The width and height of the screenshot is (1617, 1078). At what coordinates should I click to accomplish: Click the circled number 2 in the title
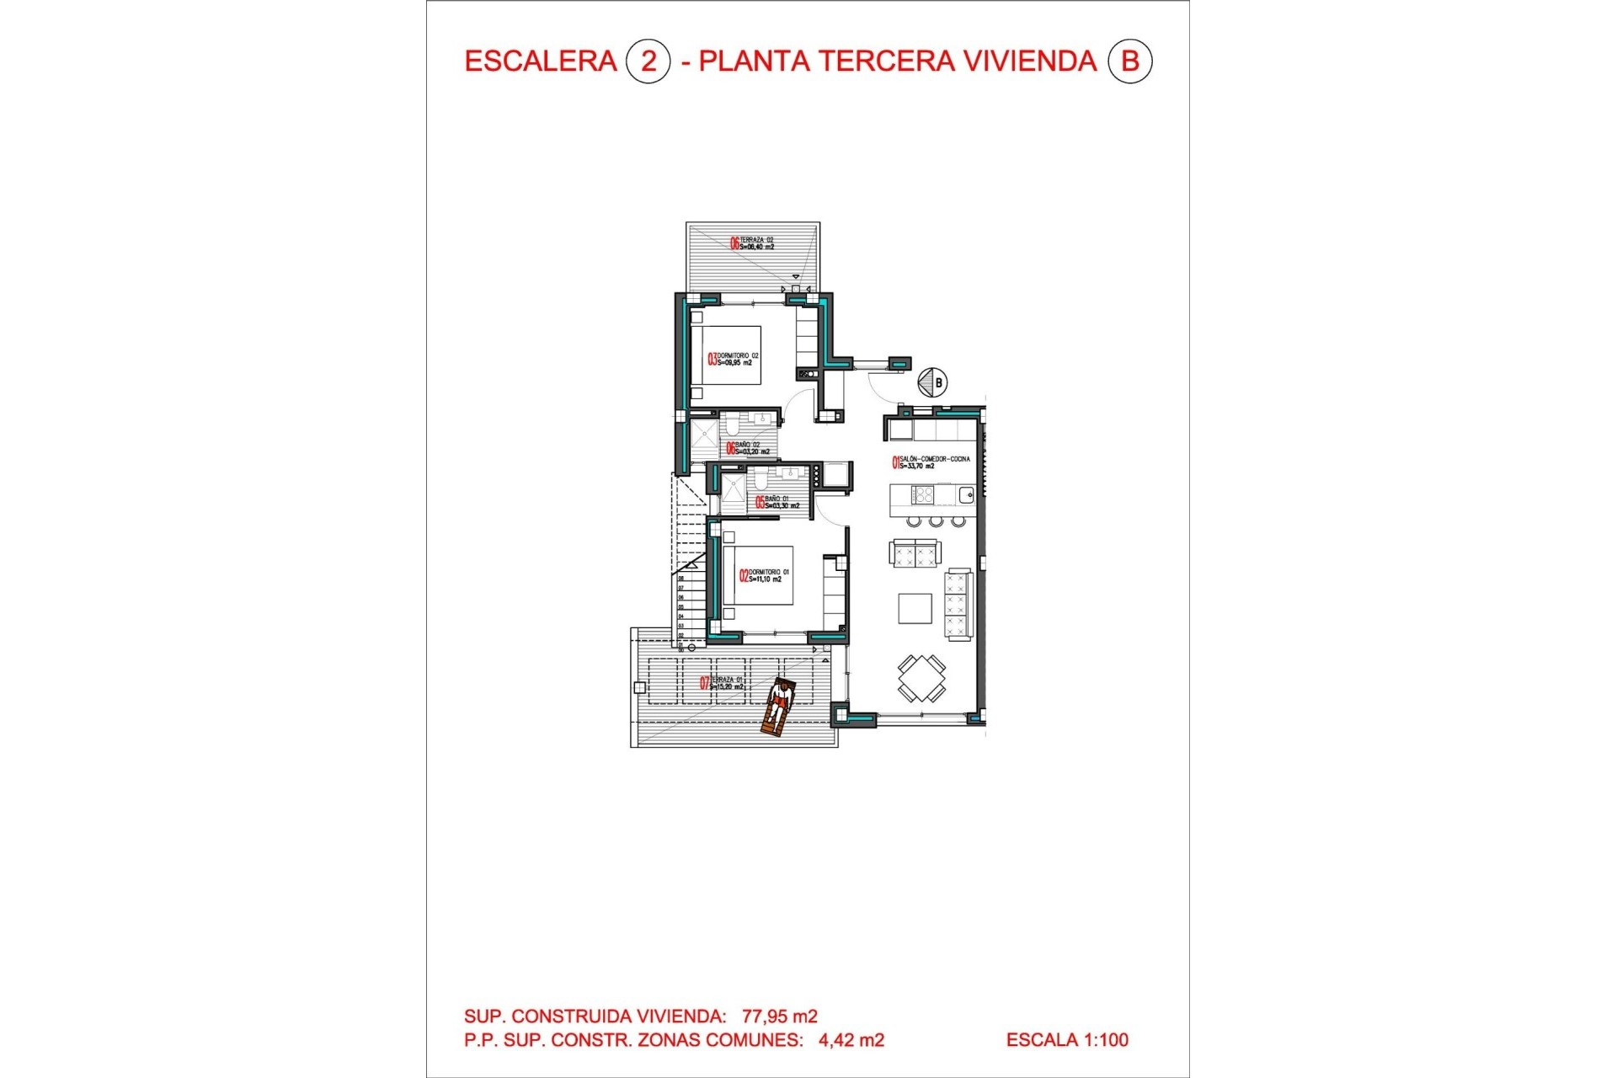[648, 61]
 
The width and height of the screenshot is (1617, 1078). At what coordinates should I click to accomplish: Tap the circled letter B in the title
[1129, 61]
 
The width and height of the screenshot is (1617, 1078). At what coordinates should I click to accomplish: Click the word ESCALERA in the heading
[541, 61]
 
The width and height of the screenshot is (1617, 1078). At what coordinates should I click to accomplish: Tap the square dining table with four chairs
[921, 678]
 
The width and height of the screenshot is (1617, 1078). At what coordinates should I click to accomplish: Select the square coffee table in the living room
[915, 608]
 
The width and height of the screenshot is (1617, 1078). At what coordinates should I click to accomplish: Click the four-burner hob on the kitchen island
[923, 494]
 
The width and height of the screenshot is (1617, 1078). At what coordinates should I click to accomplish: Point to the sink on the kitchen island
[965, 494]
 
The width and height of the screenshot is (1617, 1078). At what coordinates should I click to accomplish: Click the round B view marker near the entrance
[932, 382]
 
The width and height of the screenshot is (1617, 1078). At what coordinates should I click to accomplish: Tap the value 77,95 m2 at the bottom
[779, 1017]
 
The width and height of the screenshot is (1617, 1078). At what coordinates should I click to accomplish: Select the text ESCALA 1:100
[1067, 1040]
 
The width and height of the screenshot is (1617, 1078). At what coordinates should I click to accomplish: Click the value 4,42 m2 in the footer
[851, 1040]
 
